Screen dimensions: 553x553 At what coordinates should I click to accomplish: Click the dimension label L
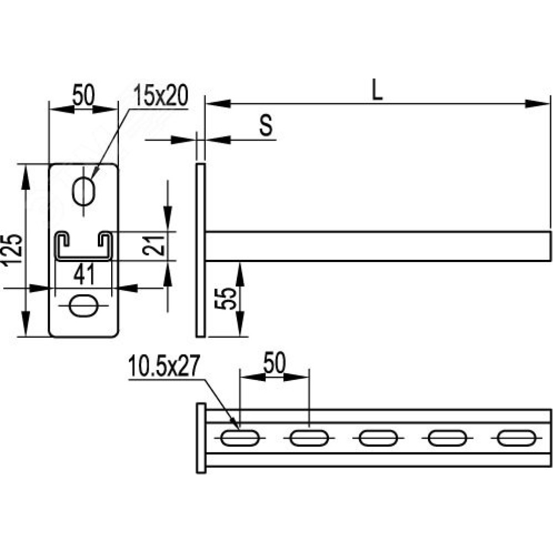(x=377, y=90)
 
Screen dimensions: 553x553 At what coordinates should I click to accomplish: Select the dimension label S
(x=267, y=125)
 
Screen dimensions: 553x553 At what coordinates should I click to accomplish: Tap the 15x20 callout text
(x=161, y=95)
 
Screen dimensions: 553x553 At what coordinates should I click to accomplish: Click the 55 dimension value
(x=226, y=299)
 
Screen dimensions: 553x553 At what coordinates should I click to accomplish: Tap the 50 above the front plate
(x=84, y=95)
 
